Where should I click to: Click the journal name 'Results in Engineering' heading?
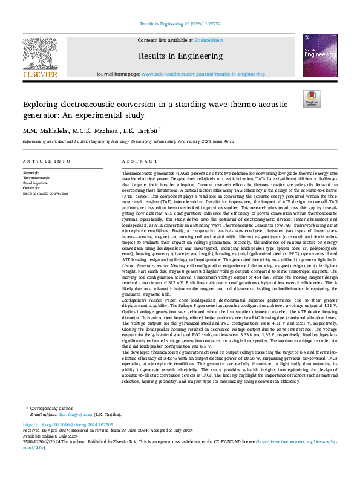180,55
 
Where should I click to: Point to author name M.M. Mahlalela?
45,131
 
